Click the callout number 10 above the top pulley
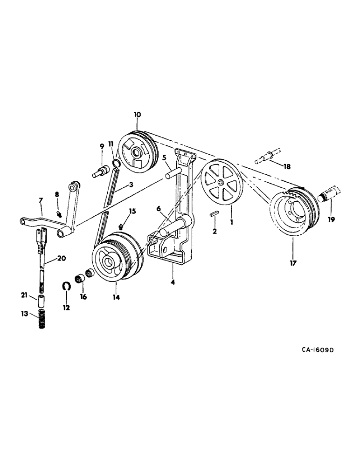point(137,114)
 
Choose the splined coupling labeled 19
point(331,195)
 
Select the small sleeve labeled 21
point(41,299)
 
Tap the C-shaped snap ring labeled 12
point(66,286)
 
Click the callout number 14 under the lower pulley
point(116,296)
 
